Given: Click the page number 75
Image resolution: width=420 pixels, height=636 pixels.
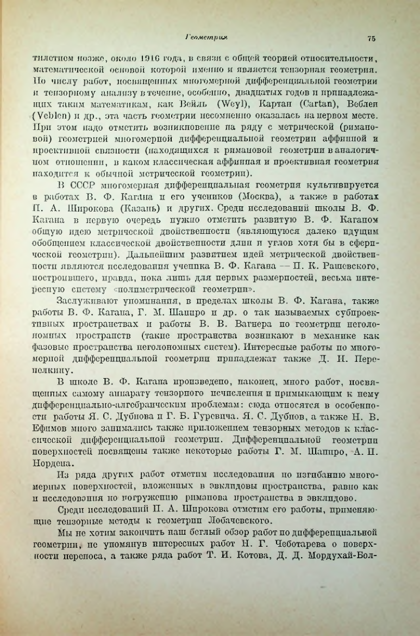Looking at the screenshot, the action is point(372,38).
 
